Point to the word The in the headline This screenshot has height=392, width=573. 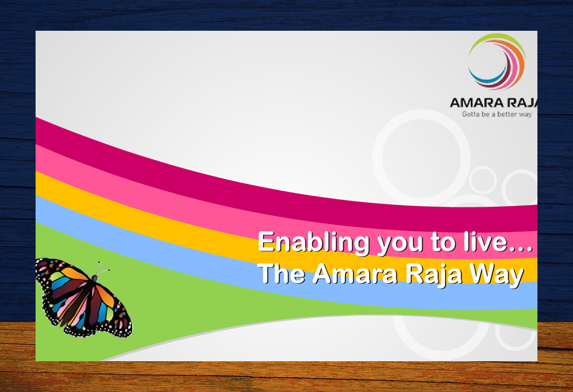tap(282, 273)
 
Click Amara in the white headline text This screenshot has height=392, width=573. tap(355, 273)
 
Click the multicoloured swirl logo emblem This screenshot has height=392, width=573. tap(497, 62)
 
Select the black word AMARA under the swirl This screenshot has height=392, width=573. tap(476, 103)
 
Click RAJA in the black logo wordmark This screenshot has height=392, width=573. tap(522, 103)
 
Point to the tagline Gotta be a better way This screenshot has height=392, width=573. tap(496, 115)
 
